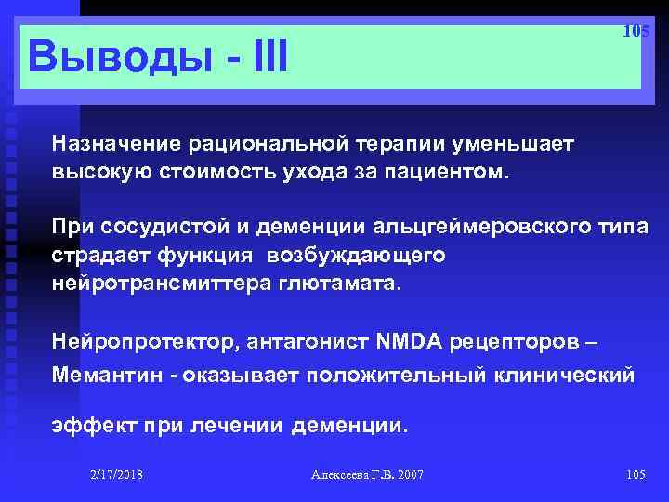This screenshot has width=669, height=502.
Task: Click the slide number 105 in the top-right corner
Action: (636, 32)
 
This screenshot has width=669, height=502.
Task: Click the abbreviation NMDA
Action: (411, 343)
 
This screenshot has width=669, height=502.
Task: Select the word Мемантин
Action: (100, 376)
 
